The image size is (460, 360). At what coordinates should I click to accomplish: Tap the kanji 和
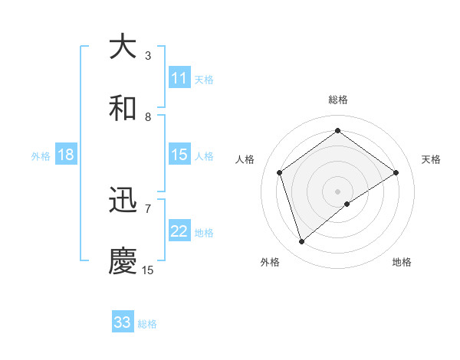click(123, 109)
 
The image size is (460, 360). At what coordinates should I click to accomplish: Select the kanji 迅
click(123, 201)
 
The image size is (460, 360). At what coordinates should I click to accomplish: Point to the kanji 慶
click(123, 261)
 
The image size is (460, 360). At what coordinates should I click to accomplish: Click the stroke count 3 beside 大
click(148, 55)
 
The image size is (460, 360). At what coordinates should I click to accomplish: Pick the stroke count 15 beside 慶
click(148, 270)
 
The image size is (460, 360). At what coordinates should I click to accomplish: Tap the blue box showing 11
click(179, 78)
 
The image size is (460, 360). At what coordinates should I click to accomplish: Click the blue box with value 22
click(179, 232)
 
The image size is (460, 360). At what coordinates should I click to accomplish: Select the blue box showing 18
click(66, 155)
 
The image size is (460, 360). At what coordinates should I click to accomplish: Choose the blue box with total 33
click(123, 322)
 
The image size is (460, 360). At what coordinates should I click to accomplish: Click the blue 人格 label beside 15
click(204, 155)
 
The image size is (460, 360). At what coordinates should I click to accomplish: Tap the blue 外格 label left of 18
click(41, 156)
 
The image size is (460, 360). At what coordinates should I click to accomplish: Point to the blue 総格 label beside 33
click(147, 324)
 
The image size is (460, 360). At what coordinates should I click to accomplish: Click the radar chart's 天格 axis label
click(431, 159)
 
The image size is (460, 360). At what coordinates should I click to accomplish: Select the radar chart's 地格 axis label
click(402, 262)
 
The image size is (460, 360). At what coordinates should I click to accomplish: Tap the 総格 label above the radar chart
click(337, 100)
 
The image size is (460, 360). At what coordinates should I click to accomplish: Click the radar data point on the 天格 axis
click(396, 172)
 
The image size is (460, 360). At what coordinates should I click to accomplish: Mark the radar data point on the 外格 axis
click(301, 242)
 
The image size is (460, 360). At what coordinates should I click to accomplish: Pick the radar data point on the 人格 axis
click(280, 172)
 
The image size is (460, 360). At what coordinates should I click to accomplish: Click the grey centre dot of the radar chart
click(337, 191)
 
